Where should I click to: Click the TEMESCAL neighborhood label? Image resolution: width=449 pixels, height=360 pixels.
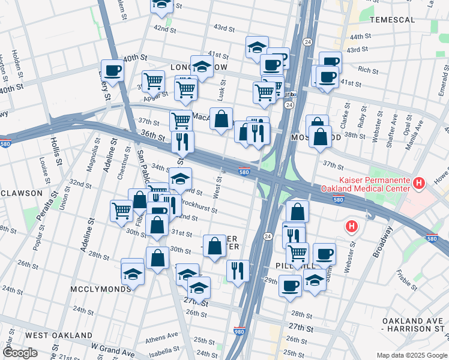click(x=409, y=20)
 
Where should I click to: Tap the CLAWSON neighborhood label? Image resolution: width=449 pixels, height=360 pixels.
click(x=20, y=193)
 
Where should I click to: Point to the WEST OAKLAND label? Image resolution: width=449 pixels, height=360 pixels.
click(x=59, y=335)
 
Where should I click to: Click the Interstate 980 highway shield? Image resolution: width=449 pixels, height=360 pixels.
click(x=239, y=331)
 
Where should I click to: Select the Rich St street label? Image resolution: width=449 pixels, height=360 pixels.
click(x=364, y=70)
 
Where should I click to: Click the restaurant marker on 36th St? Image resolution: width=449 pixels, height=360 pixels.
click(x=182, y=142)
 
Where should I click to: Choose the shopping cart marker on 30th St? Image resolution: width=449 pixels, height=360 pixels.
click(x=122, y=211)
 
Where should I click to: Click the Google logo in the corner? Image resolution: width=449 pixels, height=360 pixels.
click(x=20, y=353)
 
